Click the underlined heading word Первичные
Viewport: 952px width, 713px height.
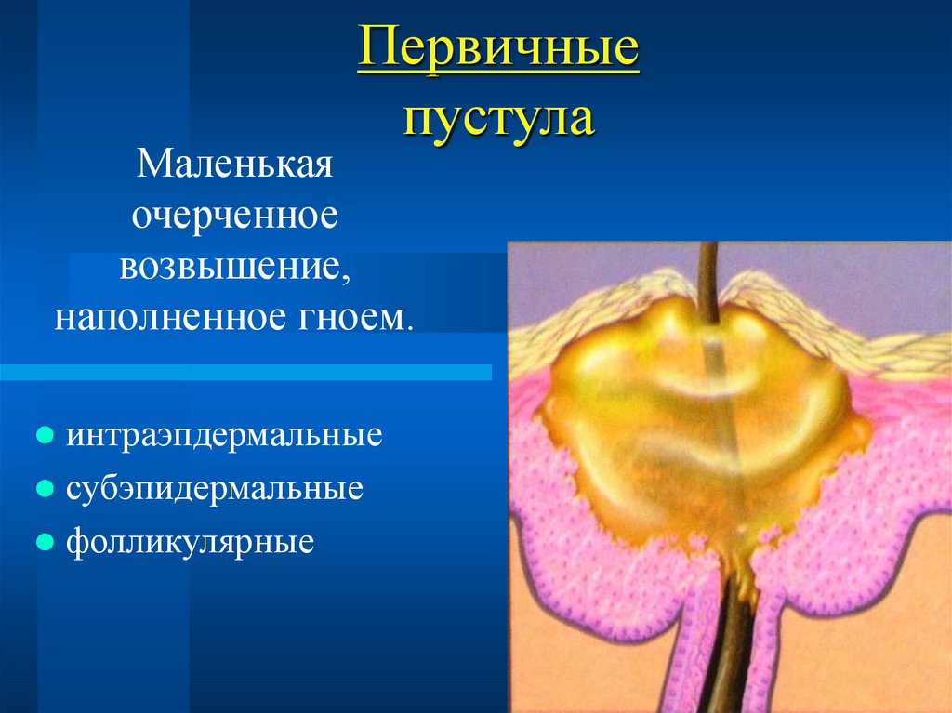point(498,54)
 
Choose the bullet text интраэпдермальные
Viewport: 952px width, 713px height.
point(224,435)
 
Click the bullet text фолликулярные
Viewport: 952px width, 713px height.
point(190,541)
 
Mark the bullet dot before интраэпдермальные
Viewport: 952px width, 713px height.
point(44,436)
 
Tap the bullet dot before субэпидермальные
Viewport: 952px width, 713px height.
point(44,489)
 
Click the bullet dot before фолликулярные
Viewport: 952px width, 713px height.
point(44,542)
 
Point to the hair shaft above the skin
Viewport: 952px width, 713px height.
point(707,274)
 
